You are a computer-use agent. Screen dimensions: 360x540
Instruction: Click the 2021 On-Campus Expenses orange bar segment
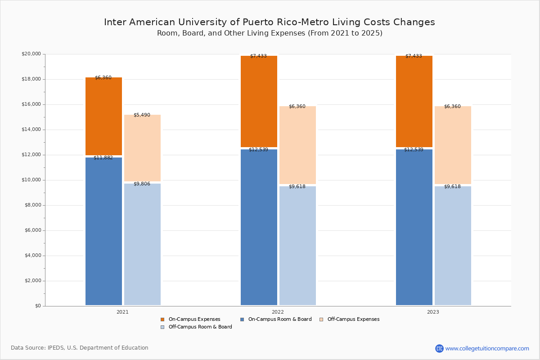click(x=103, y=116)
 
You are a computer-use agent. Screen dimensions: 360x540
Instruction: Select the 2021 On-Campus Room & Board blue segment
click(x=103, y=232)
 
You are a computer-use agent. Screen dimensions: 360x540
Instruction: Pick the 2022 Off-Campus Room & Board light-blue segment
click(x=297, y=246)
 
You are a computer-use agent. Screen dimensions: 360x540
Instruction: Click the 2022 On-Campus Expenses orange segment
click(x=259, y=101)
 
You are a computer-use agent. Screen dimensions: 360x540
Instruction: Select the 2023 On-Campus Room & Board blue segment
click(x=414, y=227)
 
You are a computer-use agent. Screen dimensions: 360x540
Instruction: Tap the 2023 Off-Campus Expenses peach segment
click(x=453, y=145)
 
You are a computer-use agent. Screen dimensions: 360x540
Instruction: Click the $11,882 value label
click(x=103, y=158)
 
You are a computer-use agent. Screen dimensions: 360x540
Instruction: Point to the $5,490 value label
click(x=142, y=115)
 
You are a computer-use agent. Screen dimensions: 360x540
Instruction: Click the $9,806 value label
click(x=142, y=184)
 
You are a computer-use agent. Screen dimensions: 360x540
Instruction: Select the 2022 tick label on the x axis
click(x=278, y=312)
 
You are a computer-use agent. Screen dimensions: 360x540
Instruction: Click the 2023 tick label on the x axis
click(x=433, y=312)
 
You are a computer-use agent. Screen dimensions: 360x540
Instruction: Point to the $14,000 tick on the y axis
click(x=31, y=130)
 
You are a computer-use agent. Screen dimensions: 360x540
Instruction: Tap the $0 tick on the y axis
click(x=38, y=306)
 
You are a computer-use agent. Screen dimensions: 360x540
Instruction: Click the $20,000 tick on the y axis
click(x=31, y=54)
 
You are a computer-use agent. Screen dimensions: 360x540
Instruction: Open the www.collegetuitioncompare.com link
click(x=487, y=348)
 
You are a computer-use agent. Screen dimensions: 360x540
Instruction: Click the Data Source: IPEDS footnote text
click(x=80, y=348)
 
